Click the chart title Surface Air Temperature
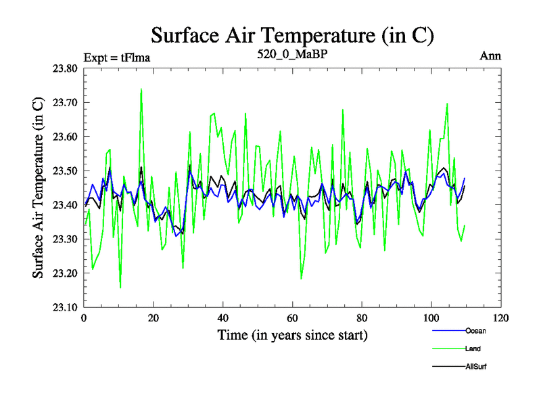[292, 35]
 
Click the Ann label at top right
[490, 56]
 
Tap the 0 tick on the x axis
[84, 318]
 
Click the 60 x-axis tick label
[292, 318]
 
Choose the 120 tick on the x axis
[500, 318]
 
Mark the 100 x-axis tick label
[431, 318]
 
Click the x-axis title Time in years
[292, 335]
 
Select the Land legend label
[473, 348]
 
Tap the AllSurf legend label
[477, 367]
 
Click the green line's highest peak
[141, 89]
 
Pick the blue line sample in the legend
[448, 330]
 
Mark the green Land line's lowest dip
[120, 288]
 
